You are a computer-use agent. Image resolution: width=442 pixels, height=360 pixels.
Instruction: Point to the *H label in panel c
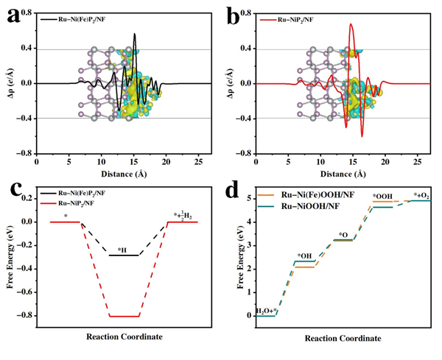pos(123,250)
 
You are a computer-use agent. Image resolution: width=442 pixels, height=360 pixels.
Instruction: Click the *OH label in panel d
pos(304,256)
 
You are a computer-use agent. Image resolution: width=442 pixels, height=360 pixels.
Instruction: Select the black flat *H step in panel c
pos(124,255)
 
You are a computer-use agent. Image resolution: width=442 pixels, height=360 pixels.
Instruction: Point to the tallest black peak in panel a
pos(134,34)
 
